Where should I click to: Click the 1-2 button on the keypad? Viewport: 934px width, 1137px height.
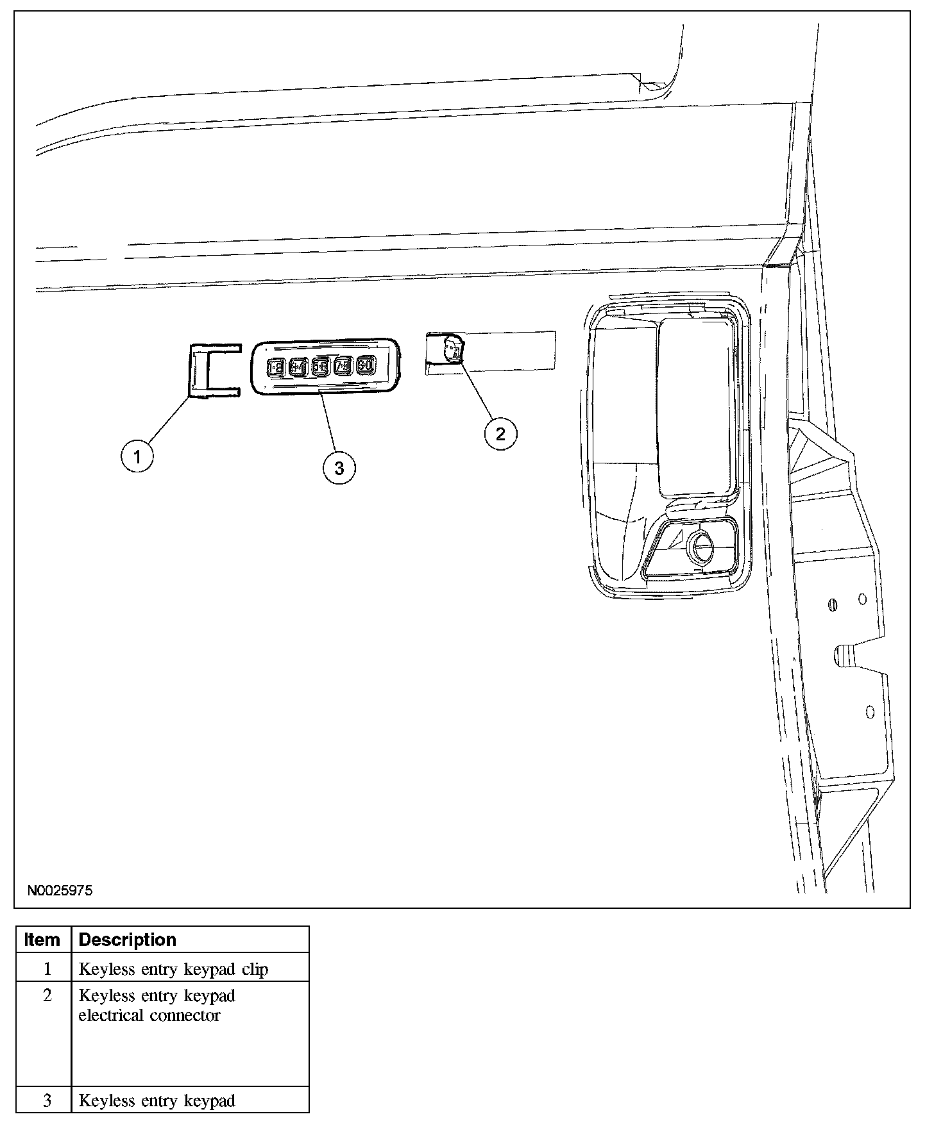coord(275,367)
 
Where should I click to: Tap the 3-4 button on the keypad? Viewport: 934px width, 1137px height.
coord(298,367)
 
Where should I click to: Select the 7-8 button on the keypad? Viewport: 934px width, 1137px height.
coord(343,366)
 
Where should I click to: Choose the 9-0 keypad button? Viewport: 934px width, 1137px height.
coord(366,365)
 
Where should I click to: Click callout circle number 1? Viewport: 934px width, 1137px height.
coord(137,457)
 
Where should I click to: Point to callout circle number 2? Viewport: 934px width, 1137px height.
coord(500,434)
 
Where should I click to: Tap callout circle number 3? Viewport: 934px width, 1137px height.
coord(339,469)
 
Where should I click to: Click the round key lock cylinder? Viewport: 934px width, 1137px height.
coord(699,547)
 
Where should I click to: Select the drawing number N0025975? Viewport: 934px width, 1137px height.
coord(60,891)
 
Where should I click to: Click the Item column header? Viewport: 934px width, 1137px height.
coord(42,940)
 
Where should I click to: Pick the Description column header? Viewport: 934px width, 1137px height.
coord(127,940)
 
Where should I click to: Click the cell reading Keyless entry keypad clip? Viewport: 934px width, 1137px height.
coord(173,969)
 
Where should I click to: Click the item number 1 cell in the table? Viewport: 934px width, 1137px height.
coord(46,969)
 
